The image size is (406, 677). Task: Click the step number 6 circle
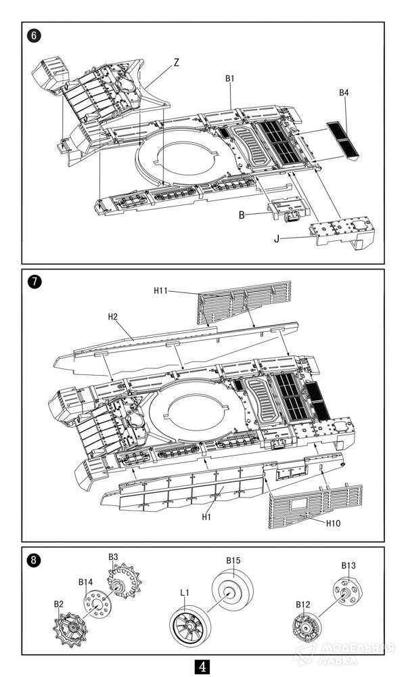tap(33, 35)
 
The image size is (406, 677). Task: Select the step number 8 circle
tap(33, 559)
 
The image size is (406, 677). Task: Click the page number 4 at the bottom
tap(202, 666)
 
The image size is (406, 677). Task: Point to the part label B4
tap(344, 93)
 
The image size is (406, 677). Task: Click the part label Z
tap(176, 62)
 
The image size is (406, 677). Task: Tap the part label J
tap(278, 238)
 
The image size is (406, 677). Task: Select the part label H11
tap(160, 290)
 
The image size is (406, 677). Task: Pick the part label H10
tap(333, 523)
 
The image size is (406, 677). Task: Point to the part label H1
tap(207, 517)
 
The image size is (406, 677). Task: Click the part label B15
tap(233, 561)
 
